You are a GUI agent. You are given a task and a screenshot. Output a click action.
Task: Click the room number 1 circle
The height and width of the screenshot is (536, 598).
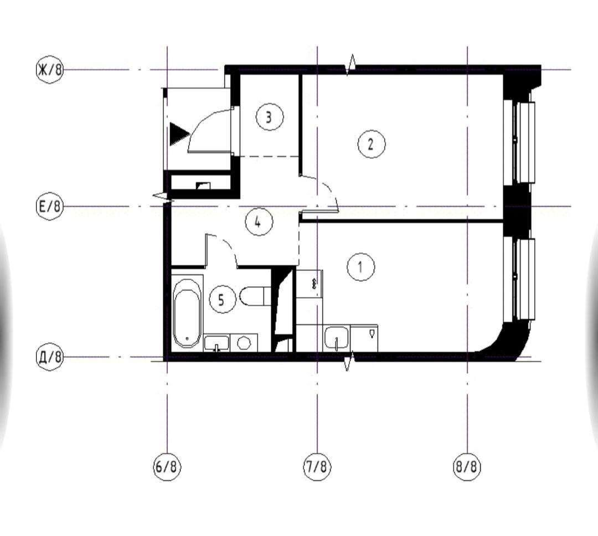tap(361, 267)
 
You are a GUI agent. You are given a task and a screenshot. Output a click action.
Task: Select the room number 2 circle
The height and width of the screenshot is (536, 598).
tap(371, 144)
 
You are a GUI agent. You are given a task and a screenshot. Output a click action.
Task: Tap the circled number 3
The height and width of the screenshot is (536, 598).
tap(269, 117)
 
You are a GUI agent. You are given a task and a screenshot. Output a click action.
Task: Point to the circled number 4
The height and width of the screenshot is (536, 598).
tap(259, 221)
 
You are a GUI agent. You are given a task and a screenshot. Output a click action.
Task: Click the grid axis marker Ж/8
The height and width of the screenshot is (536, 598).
tap(50, 70)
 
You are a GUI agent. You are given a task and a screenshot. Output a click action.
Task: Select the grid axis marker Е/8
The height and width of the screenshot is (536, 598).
tap(50, 207)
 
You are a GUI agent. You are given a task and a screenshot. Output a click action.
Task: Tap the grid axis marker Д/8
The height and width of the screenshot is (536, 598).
tap(50, 358)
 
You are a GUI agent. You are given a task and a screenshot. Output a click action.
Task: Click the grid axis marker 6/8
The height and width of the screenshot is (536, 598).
tap(167, 466)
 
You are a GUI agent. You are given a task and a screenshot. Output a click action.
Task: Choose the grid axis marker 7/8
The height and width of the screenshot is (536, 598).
tap(317, 466)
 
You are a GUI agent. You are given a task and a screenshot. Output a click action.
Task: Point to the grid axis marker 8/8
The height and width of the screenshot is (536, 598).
tap(467, 466)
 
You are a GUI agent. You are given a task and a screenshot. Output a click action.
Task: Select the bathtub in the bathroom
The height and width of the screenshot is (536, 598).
tap(187, 313)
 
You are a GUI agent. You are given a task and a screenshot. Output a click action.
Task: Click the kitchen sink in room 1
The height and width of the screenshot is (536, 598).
tap(337, 338)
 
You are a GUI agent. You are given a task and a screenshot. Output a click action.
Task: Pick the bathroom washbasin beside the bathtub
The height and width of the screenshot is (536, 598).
tap(216, 343)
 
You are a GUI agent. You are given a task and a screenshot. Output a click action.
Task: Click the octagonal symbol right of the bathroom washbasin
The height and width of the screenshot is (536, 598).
tap(244, 343)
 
